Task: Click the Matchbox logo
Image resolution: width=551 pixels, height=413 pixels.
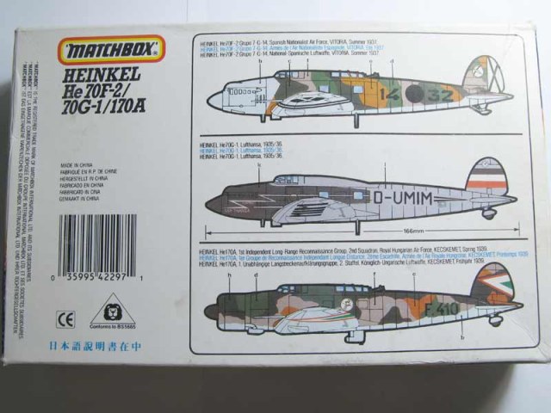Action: (x=110, y=50)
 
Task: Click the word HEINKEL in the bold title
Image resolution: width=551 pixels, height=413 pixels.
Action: (x=102, y=74)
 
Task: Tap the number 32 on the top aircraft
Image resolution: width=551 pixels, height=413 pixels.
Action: (x=438, y=94)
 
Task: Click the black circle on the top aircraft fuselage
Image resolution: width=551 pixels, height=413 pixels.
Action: (x=414, y=93)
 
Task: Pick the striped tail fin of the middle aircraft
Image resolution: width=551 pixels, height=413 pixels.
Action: (x=487, y=176)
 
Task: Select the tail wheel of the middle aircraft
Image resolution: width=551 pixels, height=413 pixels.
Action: (x=490, y=214)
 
